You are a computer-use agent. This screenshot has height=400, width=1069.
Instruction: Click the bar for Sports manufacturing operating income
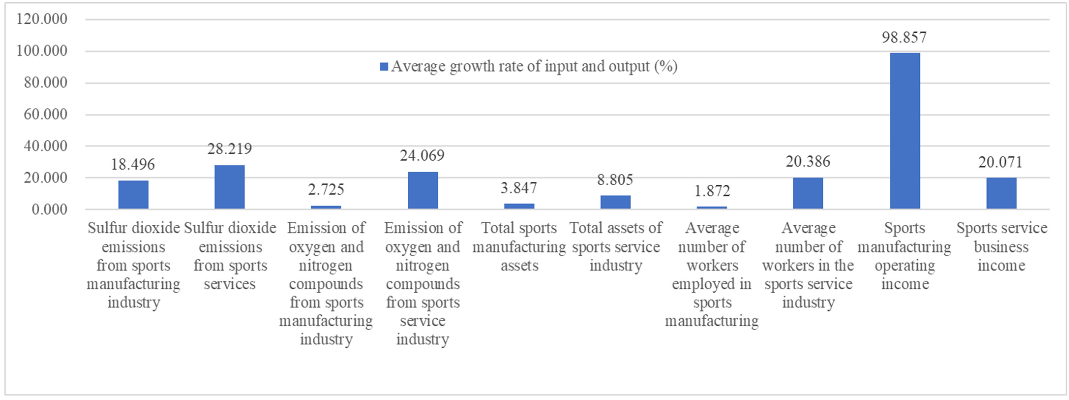pyautogui.click(x=905, y=131)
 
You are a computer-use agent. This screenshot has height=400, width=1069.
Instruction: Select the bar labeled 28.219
pyautogui.click(x=229, y=187)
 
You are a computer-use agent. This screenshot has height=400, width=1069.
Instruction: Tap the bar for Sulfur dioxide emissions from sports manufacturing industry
pyautogui.click(x=133, y=195)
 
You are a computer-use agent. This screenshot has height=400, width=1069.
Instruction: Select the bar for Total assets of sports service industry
pyautogui.click(x=615, y=202)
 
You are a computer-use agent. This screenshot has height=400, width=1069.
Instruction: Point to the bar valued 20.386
pyautogui.click(x=808, y=193)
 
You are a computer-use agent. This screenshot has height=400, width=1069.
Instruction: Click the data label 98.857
pyautogui.click(x=904, y=37)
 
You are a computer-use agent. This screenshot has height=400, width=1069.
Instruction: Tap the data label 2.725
pyautogui.click(x=326, y=190)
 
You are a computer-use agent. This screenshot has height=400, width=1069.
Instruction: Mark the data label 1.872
pyautogui.click(x=712, y=191)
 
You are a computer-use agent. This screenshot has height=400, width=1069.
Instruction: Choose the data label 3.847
pyautogui.click(x=519, y=188)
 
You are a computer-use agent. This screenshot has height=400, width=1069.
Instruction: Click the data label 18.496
pyautogui.click(x=133, y=164)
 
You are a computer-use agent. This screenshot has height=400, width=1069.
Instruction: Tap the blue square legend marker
pyautogui.click(x=384, y=66)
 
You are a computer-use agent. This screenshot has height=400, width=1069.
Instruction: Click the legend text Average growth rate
pyautogui.click(x=534, y=66)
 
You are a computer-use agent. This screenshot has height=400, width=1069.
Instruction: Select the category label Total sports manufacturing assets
pyautogui.click(x=519, y=247)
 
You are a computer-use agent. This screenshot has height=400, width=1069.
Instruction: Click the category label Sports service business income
pyautogui.click(x=1001, y=247)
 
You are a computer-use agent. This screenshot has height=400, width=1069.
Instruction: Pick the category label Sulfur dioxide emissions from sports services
pyautogui.click(x=230, y=256)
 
